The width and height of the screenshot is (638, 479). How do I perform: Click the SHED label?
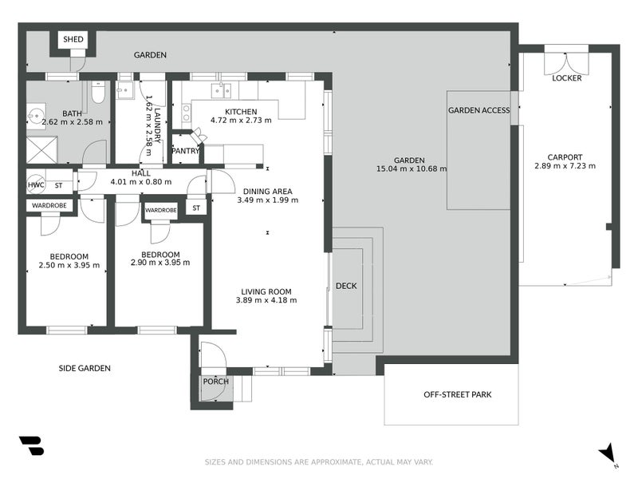pyautogui.click(x=73, y=39)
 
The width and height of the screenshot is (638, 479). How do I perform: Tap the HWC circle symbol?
pyautogui.click(x=36, y=185)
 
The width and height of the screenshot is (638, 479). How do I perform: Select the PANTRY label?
pyautogui.click(x=186, y=151)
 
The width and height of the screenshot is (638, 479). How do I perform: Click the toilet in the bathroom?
pyautogui.click(x=97, y=92)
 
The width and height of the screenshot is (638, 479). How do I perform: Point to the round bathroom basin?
pyautogui.click(x=36, y=116)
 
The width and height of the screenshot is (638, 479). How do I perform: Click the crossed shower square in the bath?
pyautogui.click(x=42, y=150)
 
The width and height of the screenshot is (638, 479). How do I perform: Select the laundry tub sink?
pyautogui.click(x=125, y=90)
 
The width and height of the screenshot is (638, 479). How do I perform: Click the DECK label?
pyautogui.click(x=346, y=286)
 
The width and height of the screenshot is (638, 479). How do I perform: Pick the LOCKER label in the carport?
pyautogui.click(x=567, y=77)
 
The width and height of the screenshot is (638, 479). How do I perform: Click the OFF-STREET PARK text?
pyautogui.click(x=457, y=394)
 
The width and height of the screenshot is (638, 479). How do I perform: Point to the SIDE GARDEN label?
pyautogui.click(x=85, y=368)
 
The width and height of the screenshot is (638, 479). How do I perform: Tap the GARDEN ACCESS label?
pyautogui.click(x=479, y=110)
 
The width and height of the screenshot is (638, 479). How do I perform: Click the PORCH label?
pyautogui.click(x=215, y=382)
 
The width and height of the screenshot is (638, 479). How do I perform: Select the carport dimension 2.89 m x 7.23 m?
pyautogui.click(x=565, y=166)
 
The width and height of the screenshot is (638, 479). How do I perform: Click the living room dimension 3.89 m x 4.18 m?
pyautogui.click(x=266, y=300)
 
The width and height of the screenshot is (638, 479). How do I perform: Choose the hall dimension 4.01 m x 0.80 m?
pyautogui.click(x=141, y=182)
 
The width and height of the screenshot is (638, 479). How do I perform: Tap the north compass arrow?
pyautogui.click(x=608, y=453)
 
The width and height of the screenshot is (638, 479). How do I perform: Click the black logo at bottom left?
pyautogui.click(x=31, y=445)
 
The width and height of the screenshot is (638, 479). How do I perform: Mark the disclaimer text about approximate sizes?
pyautogui.click(x=318, y=462)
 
